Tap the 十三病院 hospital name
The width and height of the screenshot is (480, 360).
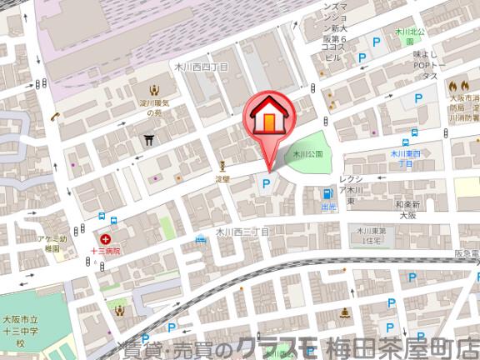click(x=106, y=250)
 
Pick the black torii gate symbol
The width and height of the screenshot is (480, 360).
click(x=150, y=141)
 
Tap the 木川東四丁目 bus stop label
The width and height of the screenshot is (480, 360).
click(x=408, y=159)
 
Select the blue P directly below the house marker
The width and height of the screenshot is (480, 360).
click(x=267, y=184)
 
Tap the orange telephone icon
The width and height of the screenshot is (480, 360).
click(x=55, y=117)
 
